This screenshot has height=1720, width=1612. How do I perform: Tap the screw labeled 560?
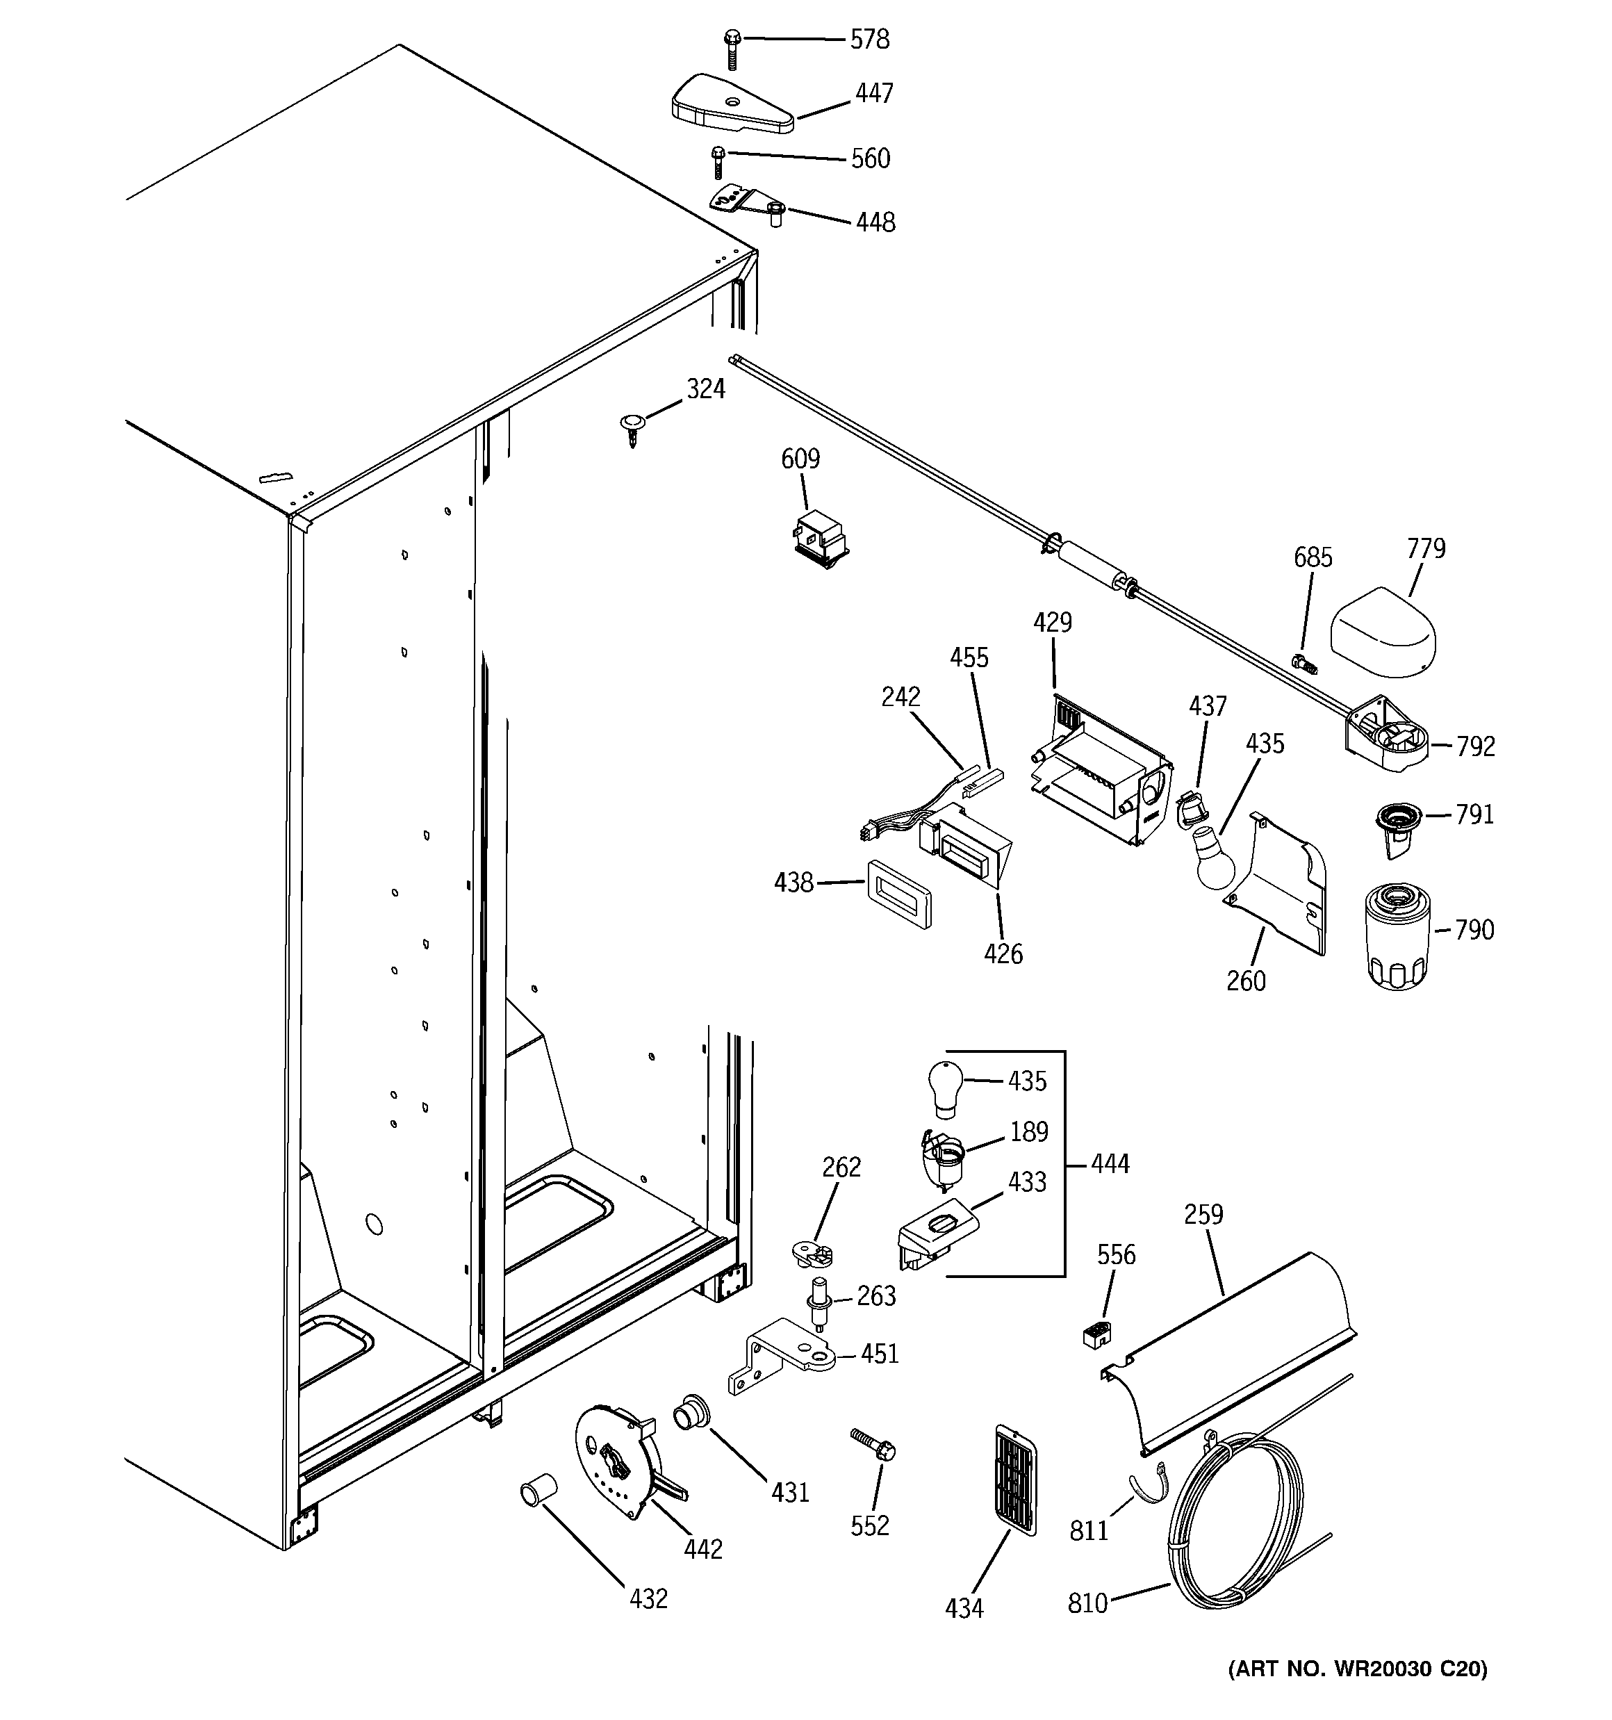(x=717, y=162)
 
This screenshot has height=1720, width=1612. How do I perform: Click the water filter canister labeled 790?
(x=1397, y=935)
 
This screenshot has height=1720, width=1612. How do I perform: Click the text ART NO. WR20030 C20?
(x=1357, y=1668)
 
